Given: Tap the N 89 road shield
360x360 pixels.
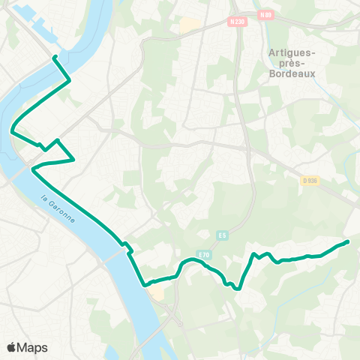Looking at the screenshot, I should tap(266, 14).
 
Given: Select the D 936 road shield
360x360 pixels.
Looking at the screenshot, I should tap(311, 180).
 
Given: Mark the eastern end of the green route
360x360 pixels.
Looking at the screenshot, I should tap(348, 241).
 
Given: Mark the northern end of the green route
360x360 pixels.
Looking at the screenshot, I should tap(55, 57).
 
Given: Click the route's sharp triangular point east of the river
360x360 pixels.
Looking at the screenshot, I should tap(74, 159).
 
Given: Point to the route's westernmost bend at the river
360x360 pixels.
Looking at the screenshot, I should tap(12, 131).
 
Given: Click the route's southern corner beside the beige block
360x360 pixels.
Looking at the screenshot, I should tap(144, 285).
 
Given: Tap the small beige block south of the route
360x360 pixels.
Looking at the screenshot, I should tap(157, 292).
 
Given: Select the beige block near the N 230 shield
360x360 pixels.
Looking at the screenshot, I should tap(190, 25).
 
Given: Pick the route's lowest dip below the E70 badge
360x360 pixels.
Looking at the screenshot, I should tap(238, 288).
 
